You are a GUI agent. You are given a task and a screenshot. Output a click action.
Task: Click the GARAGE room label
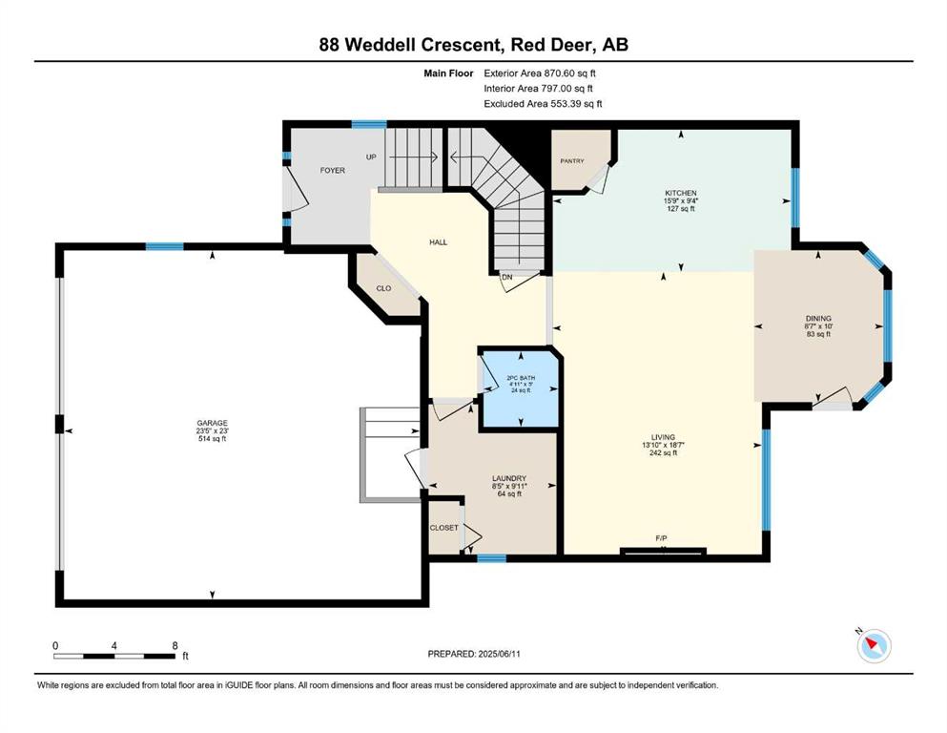(212, 423)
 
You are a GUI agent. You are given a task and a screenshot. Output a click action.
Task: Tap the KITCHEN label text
(681, 193)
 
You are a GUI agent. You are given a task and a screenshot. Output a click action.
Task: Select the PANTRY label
(572, 161)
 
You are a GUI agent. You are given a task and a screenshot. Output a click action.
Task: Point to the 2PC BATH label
(521, 378)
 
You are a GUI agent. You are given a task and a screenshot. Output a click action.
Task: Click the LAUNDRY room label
(509, 478)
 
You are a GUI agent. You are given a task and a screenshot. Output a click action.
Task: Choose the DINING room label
(818, 319)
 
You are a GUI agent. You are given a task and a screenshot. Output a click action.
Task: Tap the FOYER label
(333, 171)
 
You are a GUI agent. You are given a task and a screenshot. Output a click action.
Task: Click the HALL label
(439, 242)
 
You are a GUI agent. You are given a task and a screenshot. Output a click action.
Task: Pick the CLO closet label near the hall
(383, 288)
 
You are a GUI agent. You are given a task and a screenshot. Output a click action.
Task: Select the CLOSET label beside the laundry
(443, 528)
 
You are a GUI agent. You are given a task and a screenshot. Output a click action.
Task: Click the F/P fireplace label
(661, 538)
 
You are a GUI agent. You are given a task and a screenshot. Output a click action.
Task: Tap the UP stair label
(371, 157)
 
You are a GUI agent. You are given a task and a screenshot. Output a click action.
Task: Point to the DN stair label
(507, 277)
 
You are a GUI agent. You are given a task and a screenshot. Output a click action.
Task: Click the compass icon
(874, 645)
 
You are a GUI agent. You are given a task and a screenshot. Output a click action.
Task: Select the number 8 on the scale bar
(175, 645)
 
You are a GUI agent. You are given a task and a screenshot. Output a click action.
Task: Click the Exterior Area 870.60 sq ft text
(540, 73)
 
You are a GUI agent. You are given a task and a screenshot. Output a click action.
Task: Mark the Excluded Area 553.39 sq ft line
(543, 103)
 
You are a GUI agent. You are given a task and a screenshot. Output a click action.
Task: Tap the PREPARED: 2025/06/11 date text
(474, 654)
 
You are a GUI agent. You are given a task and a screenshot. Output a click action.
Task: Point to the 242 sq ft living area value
(663, 452)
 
